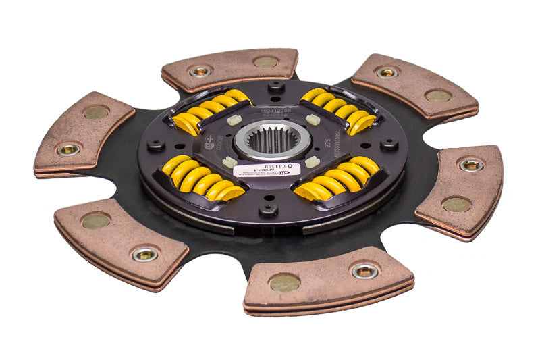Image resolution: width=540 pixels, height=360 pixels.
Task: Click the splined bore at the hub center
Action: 273,139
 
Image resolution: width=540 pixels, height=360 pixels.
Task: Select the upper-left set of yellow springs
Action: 209,110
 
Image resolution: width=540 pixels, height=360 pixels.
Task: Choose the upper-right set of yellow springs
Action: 338,110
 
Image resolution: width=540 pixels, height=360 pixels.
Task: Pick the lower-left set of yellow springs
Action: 198,180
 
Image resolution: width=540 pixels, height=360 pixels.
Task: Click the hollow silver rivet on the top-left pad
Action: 200,70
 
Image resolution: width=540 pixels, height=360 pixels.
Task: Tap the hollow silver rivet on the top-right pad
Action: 387,72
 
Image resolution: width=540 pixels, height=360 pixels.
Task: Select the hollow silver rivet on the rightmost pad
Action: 470,165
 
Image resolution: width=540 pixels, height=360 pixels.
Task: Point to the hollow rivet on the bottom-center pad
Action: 364,271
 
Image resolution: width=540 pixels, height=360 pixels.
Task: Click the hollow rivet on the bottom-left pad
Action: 144,254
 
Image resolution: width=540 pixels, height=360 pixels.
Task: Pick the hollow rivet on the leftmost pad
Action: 68,149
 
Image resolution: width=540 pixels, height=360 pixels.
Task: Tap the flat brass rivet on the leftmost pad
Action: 96,112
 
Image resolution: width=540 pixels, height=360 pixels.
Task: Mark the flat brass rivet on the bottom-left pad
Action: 95,220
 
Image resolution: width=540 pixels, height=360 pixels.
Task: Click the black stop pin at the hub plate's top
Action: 275,87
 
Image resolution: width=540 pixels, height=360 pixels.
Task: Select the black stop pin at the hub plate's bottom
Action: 268,210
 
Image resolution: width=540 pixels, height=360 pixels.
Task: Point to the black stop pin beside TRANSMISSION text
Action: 389,144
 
